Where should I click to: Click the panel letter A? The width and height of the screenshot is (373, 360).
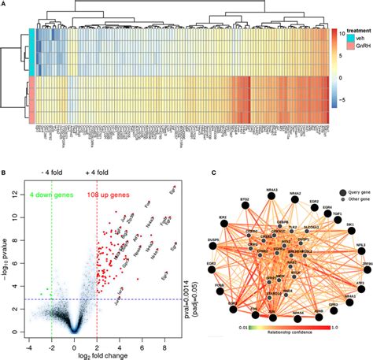pyautogui.click(x=6, y=5)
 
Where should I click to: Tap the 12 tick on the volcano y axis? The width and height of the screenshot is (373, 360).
pyautogui.click(x=18, y=193)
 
